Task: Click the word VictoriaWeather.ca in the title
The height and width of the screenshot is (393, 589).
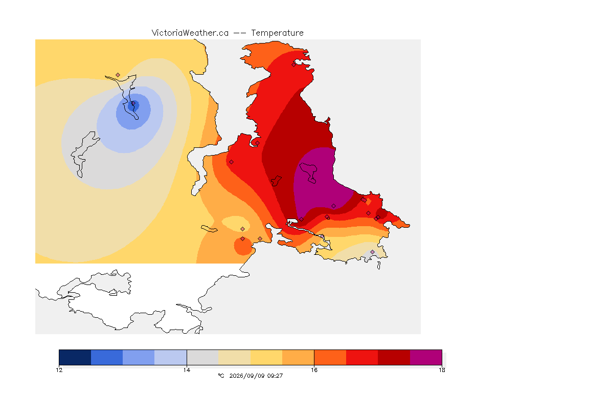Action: pyautogui.click(x=190, y=33)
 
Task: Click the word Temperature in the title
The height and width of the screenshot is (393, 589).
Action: pyautogui.click(x=277, y=33)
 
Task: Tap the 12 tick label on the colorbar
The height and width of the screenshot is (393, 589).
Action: pyautogui.click(x=59, y=370)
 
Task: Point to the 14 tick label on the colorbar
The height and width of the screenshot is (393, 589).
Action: pyautogui.click(x=187, y=370)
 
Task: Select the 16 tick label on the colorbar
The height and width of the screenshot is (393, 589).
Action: pyautogui.click(x=314, y=370)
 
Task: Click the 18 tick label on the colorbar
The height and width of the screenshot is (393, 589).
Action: pyautogui.click(x=442, y=370)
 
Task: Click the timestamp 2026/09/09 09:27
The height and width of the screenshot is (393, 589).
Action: pyautogui.click(x=256, y=376)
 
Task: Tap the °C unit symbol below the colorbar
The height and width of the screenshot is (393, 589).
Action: pyautogui.click(x=221, y=376)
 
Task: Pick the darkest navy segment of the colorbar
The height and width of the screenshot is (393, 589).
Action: pyautogui.click(x=75, y=357)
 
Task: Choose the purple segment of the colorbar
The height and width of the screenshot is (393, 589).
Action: pyautogui.click(x=426, y=357)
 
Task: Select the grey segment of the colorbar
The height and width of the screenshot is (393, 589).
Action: pyautogui.click(x=202, y=357)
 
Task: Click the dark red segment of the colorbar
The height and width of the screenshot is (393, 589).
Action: pyautogui.click(x=394, y=357)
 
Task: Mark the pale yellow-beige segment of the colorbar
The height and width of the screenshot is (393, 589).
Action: pyautogui.click(x=234, y=357)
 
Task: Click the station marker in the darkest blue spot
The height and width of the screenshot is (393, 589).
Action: pyautogui.click(x=133, y=103)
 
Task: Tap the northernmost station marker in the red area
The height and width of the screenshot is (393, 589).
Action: pyautogui.click(x=294, y=64)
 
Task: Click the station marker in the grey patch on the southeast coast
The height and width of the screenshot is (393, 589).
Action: pyautogui.click(x=372, y=252)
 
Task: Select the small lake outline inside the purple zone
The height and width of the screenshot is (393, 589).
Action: pyautogui.click(x=308, y=172)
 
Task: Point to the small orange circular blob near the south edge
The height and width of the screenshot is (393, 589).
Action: pyautogui.click(x=243, y=246)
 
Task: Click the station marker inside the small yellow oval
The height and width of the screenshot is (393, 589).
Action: pyautogui.click(x=243, y=229)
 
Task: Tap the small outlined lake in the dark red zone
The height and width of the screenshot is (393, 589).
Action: pyautogui.click(x=276, y=181)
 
